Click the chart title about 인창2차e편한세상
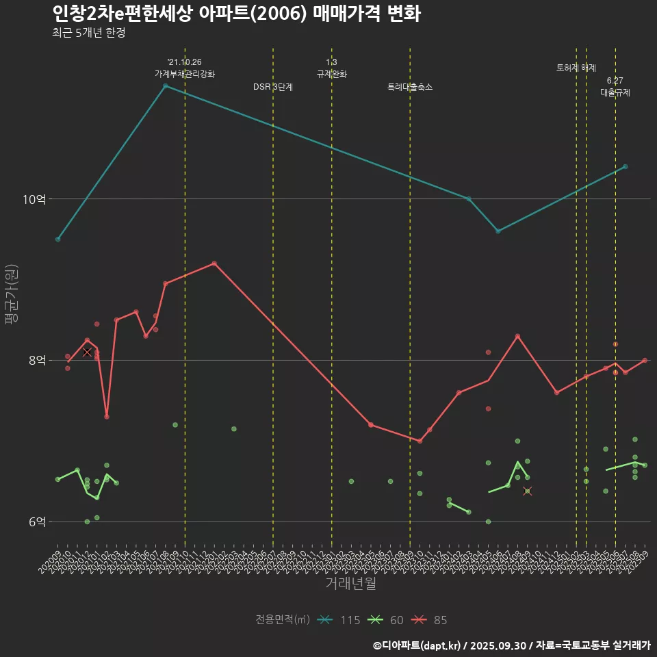pyautogui.click(x=236, y=14)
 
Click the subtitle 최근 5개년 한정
pyautogui.click(x=88, y=33)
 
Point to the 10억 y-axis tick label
pyautogui.click(x=34, y=199)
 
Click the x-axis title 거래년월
pyautogui.click(x=350, y=584)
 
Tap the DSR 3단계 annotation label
pyautogui.click(x=272, y=87)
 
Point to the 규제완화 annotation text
pyautogui.click(x=332, y=75)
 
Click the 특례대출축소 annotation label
pyautogui.click(x=410, y=87)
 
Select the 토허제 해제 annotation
pyautogui.click(x=576, y=68)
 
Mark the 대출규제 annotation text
pyautogui.click(x=615, y=92)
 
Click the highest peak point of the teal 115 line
pyautogui.click(x=165, y=86)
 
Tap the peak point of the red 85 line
pyautogui.click(x=214, y=263)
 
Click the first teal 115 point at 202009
pyautogui.click(x=58, y=239)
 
